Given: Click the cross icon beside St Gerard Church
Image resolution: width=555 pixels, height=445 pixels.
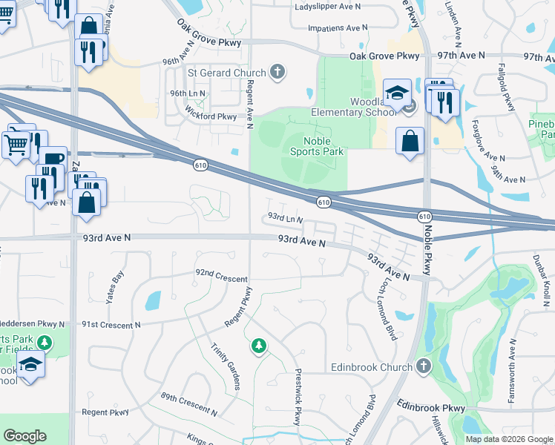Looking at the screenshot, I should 277,72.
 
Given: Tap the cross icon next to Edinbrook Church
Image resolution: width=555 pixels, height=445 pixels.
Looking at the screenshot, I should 423,367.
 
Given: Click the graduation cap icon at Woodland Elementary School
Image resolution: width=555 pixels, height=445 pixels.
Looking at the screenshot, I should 397,94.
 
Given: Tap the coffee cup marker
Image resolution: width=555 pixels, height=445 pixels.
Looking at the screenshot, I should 53,161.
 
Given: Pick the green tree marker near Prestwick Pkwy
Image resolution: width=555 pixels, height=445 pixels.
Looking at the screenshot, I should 258,346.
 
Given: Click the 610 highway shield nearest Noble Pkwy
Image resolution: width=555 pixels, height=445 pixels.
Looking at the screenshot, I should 423,216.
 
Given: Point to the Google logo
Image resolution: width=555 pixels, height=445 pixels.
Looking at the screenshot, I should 25,436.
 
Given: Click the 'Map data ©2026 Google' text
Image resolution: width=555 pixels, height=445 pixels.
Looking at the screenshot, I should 509,439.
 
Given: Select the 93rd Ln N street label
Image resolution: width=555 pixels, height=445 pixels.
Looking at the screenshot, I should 286,219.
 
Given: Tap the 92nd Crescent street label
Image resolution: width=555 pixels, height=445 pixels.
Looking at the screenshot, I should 221,274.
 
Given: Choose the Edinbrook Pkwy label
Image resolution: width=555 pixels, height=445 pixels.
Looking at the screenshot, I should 430,407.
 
